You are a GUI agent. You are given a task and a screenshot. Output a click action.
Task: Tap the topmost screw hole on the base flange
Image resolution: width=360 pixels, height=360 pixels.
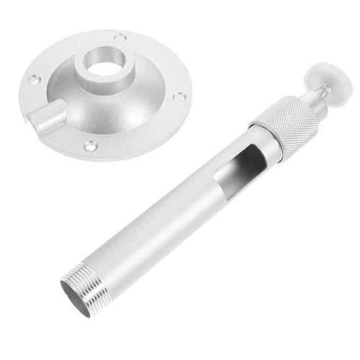tap(120, 37)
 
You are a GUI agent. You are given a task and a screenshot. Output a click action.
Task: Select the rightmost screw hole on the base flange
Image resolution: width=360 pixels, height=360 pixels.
tap(181, 96)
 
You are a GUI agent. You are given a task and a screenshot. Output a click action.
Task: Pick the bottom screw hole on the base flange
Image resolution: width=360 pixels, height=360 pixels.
tap(89, 145)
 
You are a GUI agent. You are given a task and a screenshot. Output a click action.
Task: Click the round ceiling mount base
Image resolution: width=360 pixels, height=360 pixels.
tap(108, 94)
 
